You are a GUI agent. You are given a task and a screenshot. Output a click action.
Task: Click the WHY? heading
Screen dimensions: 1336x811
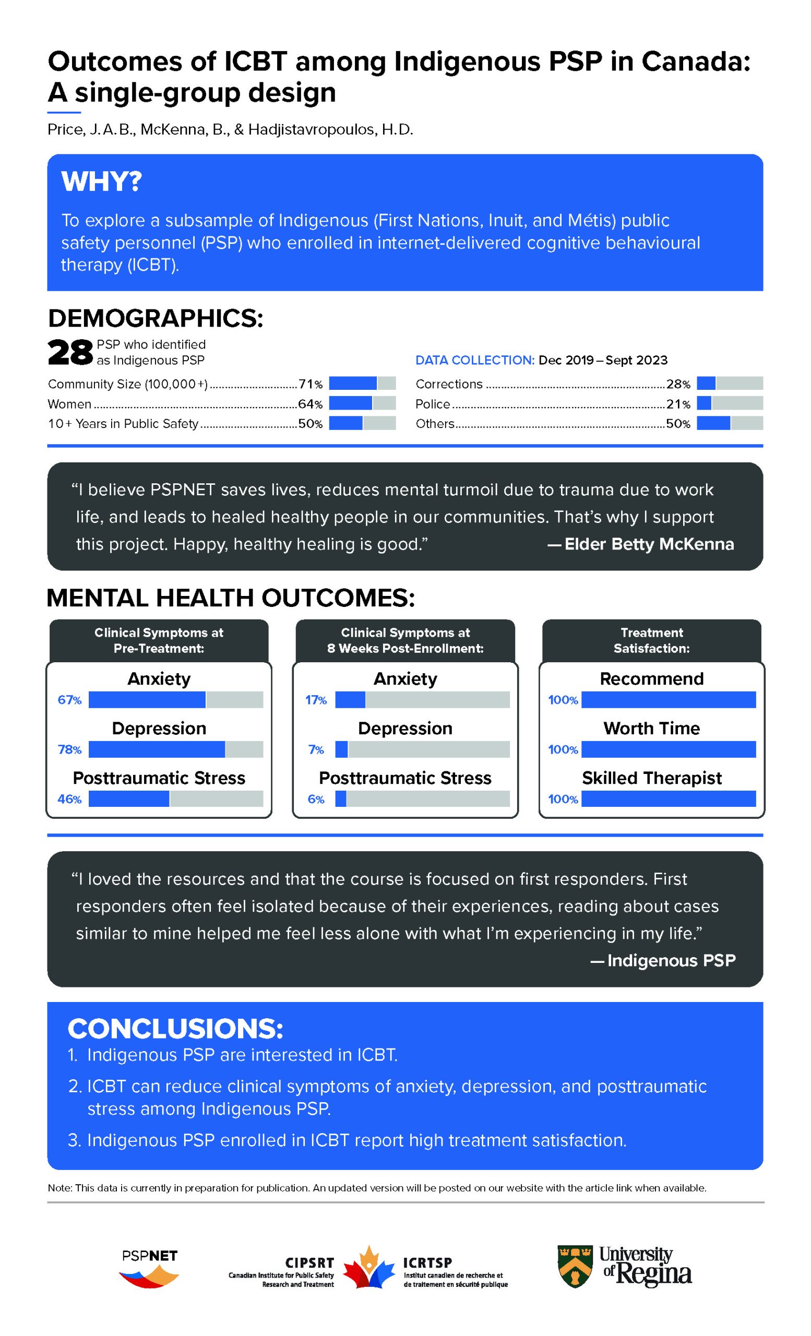[x=101, y=182]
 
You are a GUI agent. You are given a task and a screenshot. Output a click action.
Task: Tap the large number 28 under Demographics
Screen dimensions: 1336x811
[x=70, y=353]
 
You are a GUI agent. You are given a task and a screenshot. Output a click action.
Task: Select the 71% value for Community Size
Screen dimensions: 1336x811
[x=310, y=385]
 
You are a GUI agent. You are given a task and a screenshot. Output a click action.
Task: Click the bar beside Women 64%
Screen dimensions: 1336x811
[x=362, y=403]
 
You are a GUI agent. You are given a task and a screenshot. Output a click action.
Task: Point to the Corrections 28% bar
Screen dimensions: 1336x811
[x=729, y=384]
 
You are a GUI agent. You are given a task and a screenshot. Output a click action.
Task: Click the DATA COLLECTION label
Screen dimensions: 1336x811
[x=475, y=361]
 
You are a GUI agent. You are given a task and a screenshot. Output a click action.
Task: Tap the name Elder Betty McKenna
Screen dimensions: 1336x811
[x=649, y=544]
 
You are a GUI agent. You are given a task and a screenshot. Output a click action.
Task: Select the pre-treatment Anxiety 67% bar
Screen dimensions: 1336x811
[x=176, y=700]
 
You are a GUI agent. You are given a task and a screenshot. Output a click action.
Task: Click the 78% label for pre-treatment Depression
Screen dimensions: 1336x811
[x=69, y=750]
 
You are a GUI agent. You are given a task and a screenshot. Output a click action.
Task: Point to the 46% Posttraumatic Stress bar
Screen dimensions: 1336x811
[x=176, y=799]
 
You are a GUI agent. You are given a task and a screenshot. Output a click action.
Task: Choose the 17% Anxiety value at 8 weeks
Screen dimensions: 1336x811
[x=316, y=700]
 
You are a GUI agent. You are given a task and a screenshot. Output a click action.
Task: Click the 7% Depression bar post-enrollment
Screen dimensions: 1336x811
[x=422, y=750]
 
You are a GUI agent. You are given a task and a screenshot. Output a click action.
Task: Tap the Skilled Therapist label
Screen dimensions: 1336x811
[x=652, y=778]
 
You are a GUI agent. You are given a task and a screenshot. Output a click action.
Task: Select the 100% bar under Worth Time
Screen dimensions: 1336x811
[x=669, y=750]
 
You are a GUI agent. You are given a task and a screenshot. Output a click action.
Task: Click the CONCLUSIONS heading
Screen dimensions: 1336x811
[x=175, y=1029]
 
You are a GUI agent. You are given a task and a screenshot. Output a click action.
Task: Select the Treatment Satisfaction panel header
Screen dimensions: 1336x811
[x=652, y=640]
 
